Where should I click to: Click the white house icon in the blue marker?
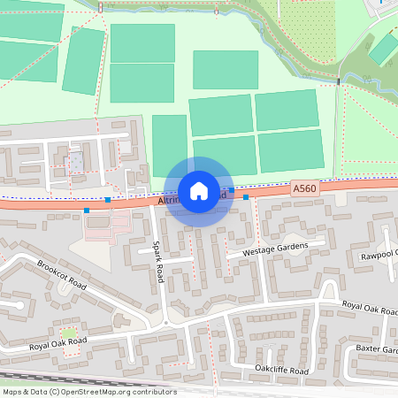point(199,191)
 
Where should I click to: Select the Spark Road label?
point(158,261)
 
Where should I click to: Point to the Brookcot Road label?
point(61,275)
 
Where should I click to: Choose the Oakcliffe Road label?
point(281,370)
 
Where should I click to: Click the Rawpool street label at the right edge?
point(379,256)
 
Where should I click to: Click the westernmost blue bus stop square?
point(87,210)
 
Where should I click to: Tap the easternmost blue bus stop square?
point(246,197)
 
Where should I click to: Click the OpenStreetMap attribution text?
point(89,391)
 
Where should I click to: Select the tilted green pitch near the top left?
point(84,60)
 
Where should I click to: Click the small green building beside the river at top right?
point(383,50)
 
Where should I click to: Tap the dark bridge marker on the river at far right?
point(338,82)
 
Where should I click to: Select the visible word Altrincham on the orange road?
point(168,202)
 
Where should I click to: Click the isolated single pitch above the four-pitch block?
point(225,70)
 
